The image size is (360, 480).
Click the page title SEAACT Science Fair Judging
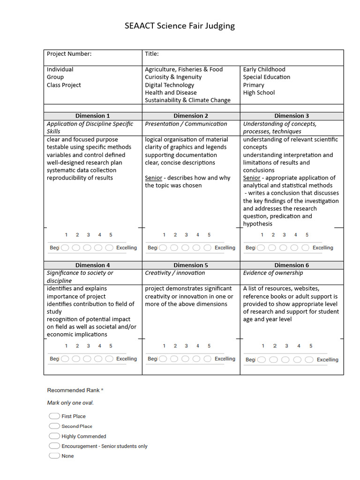point(180,26)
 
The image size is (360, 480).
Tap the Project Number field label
point(69,54)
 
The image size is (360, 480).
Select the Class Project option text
point(64,85)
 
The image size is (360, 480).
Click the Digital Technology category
point(169,85)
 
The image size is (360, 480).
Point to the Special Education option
point(266,77)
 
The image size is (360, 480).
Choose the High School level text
point(259,92)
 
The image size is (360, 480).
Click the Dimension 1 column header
point(93,116)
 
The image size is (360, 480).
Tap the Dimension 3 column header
point(292,116)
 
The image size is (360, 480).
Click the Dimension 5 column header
point(191,265)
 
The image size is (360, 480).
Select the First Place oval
point(54,416)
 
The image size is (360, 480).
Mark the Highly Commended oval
point(54,436)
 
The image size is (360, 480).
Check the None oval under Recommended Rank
point(54,456)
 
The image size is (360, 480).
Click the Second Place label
point(77,426)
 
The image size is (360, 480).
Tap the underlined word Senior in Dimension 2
point(153,178)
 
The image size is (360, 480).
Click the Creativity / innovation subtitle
point(175,273)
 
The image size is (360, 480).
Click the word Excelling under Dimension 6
point(327,360)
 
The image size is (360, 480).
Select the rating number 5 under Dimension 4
point(111,346)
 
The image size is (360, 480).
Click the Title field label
point(152,54)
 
